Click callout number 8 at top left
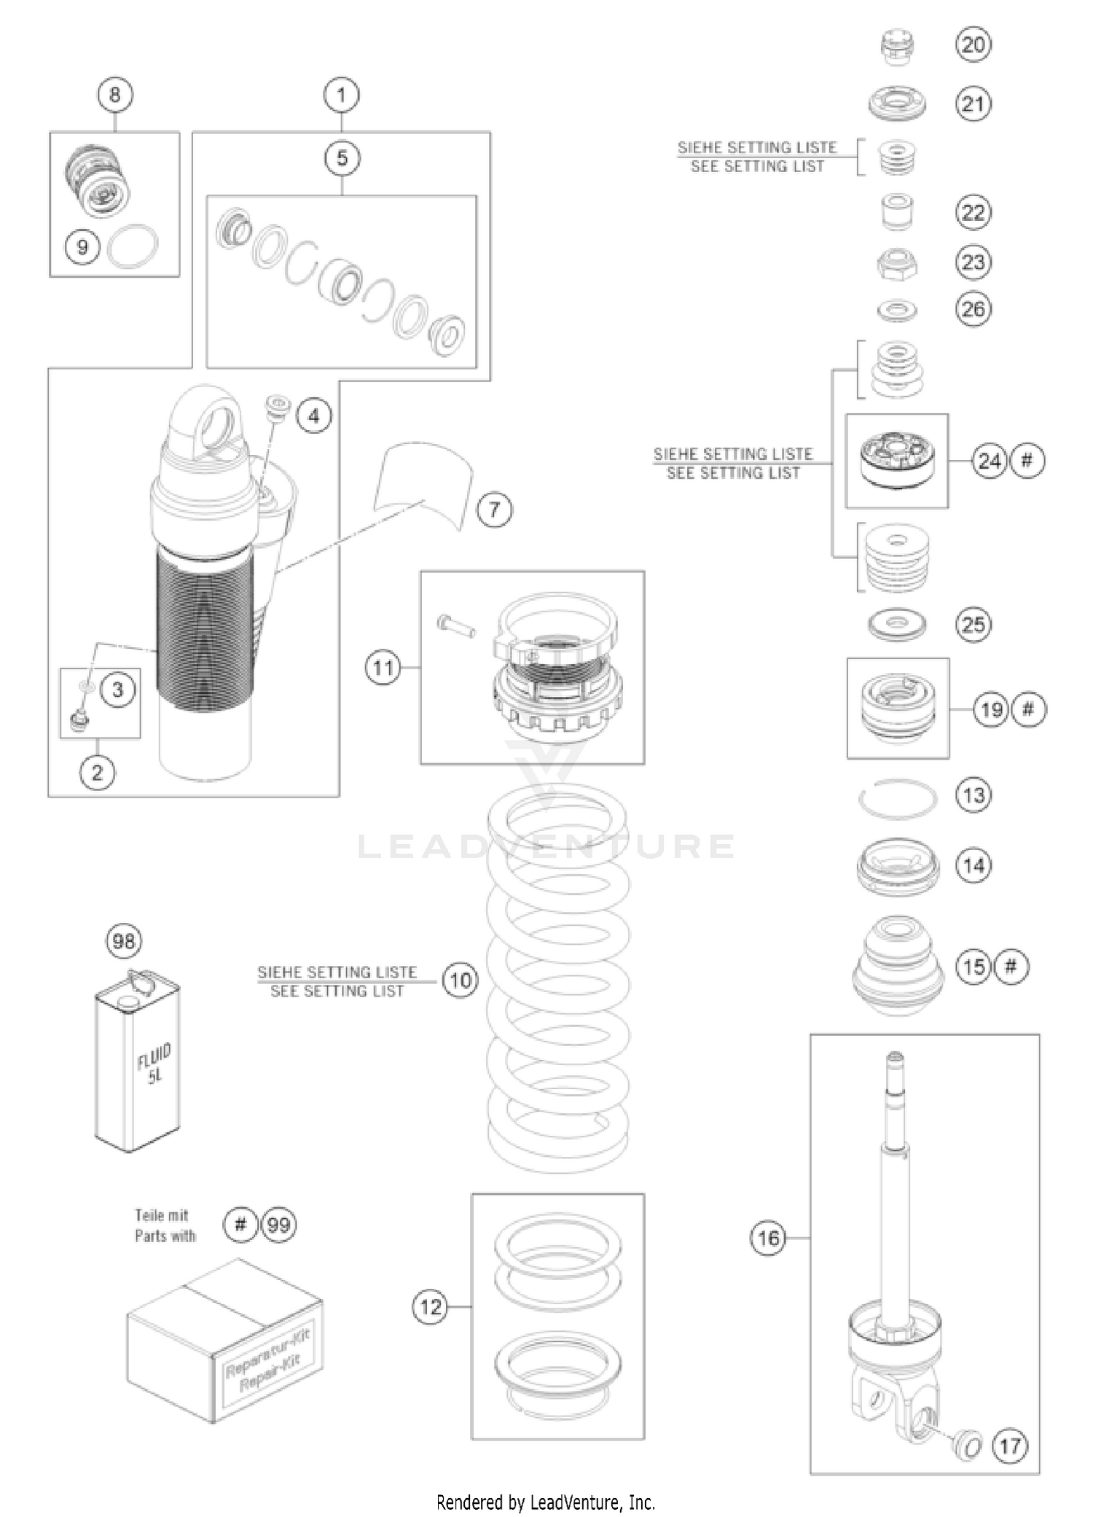tap(115, 95)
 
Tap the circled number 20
tap(973, 45)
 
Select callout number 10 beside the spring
tap(461, 980)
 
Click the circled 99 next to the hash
tap(278, 1224)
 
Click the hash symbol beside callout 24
tap(1027, 461)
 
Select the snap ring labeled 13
tap(897, 800)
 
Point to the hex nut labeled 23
tap(897, 264)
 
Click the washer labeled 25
tap(897, 625)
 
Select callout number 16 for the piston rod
tap(768, 1238)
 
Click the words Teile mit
tap(161, 1215)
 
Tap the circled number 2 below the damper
tap(97, 772)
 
